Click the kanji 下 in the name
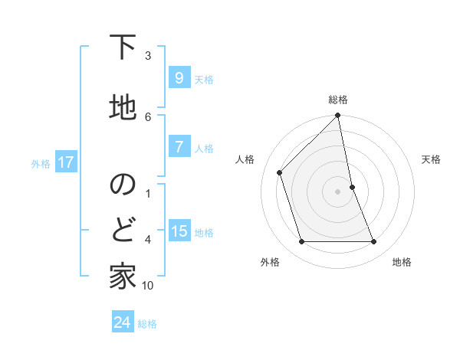pos(122,48)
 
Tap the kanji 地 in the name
pos(122,106)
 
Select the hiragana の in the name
pos(122,184)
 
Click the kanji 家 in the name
pos(122,277)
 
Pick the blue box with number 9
pos(179,78)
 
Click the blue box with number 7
pos(179,147)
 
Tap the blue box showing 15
pos(179,232)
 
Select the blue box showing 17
pos(65,162)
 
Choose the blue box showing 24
pos(122,322)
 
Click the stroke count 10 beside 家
pos(148,286)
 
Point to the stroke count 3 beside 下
pos(148,56)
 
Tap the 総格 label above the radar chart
pos(338,100)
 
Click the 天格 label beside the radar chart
pos(432,159)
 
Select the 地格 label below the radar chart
pos(402,262)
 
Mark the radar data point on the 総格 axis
pos(337,116)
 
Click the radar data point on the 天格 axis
pos(352,186)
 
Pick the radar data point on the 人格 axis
pos(280,172)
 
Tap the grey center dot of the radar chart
pos(337,191)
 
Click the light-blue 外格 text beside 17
pos(41,163)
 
